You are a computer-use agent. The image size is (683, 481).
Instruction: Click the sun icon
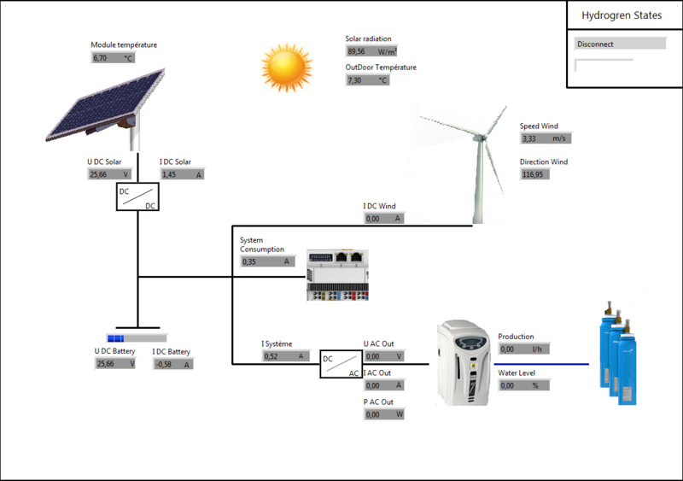point(284,68)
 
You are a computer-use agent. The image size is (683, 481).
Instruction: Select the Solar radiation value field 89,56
point(368,51)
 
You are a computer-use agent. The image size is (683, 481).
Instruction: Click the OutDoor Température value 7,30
point(368,80)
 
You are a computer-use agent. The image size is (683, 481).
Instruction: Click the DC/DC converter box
point(137,198)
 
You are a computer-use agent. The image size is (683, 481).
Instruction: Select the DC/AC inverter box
point(341,365)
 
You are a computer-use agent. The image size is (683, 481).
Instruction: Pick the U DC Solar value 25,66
point(110,174)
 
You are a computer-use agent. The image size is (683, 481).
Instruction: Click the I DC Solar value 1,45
point(182,174)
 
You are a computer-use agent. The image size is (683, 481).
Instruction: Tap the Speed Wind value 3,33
point(544,138)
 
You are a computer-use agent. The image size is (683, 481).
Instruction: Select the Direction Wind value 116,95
point(534,174)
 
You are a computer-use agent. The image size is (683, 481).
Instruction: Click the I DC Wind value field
point(383,219)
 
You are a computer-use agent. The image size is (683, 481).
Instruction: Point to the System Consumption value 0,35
point(267,261)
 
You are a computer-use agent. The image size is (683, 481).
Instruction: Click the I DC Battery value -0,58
point(172,364)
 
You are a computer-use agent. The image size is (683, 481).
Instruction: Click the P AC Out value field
point(384,414)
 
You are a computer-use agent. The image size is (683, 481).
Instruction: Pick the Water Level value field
point(522,385)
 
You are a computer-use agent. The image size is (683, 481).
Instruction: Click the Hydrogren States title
point(622,15)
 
